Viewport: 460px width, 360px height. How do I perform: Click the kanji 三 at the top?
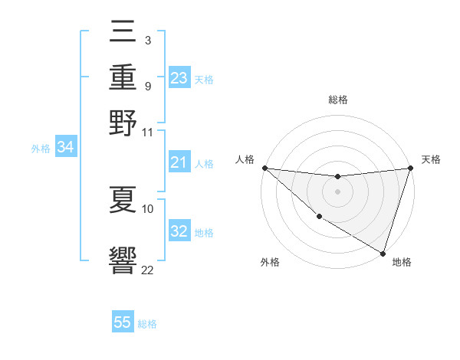pos(123,31)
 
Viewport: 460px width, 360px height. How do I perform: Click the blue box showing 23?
pos(179,78)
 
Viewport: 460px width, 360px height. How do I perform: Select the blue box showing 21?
pos(179,163)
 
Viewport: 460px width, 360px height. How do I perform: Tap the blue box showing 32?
pos(179,232)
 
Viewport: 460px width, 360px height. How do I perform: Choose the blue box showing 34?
pos(65,148)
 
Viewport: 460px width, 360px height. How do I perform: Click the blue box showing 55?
pos(123,322)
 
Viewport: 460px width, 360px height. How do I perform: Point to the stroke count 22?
pos(147,270)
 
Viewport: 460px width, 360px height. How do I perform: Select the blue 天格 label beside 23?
pos(204,80)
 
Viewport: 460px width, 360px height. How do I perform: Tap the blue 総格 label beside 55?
pos(147,324)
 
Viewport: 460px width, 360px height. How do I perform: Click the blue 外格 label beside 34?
pos(41,149)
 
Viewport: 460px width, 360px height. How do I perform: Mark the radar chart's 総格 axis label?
pos(337,100)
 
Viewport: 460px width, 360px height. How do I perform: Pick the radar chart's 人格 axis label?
pos(245,160)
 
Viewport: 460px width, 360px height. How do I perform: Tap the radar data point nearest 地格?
pos(383,253)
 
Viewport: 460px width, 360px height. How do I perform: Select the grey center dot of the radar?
pos(337,191)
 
